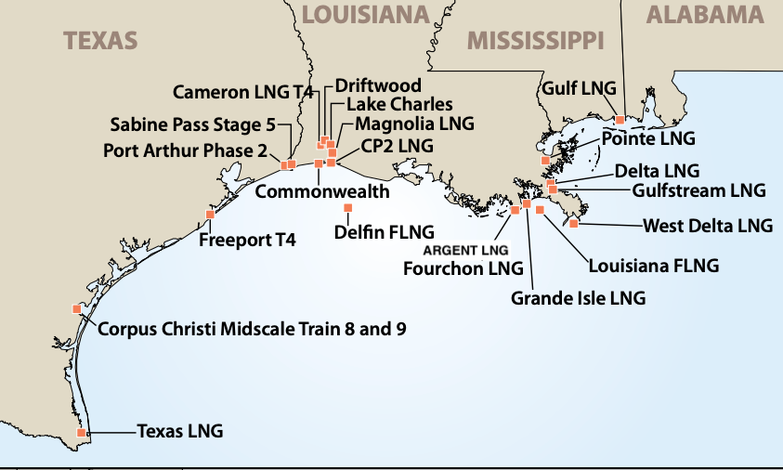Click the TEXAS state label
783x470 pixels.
click(100, 40)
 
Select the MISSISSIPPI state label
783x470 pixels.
click(536, 40)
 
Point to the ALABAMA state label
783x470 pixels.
click(705, 14)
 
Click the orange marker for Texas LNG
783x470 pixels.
click(82, 432)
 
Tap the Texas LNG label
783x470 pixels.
click(180, 432)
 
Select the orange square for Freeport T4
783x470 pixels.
click(210, 215)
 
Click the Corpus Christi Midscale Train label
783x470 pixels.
click(251, 329)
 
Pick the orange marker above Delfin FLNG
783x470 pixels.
click(348, 206)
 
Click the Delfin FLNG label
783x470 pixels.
click(384, 232)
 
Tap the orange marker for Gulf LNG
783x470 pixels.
click(620, 119)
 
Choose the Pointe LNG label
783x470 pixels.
click(648, 139)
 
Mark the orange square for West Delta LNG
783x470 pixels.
click(574, 223)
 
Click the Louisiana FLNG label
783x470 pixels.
click(654, 266)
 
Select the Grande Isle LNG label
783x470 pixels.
click(578, 299)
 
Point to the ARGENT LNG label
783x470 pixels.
click(466, 251)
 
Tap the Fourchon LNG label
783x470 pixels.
click(463, 268)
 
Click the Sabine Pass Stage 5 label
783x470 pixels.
click(192, 124)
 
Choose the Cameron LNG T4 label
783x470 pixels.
click(243, 92)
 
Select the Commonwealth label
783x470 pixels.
click(321, 192)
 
